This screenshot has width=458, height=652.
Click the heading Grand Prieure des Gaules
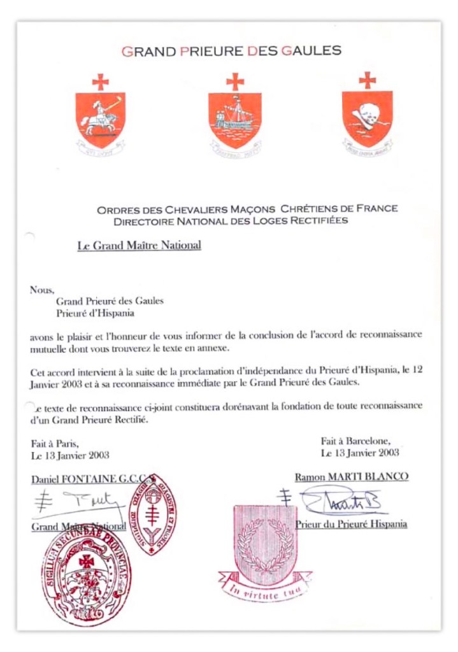pyautogui.click(x=231, y=51)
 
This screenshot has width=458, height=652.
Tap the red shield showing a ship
pyautogui.click(x=234, y=120)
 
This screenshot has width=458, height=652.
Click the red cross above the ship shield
pyautogui.click(x=235, y=81)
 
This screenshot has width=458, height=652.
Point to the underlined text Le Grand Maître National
pyautogui.click(x=140, y=246)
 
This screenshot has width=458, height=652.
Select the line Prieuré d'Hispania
pyautogui.click(x=95, y=313)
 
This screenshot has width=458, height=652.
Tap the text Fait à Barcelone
pyautogui.click(x=355, y=440)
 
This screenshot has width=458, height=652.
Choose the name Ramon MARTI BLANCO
pyautogui.click(x=351, y=477)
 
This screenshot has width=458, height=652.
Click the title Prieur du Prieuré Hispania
pyautogui.click(x=351, y=524)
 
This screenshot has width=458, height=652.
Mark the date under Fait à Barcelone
pyautogui.click(x=360, y=453)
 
